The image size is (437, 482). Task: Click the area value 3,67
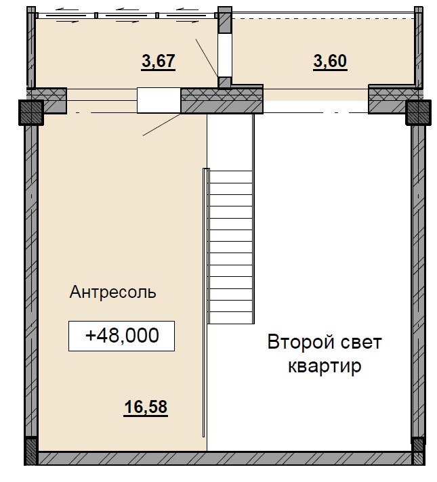tap(159, 62)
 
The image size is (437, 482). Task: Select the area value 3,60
tap(330, 62)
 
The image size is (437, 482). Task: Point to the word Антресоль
tap(113, 292)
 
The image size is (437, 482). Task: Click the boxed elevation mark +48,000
tap(122, 336)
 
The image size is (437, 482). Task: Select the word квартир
tap(325, 367)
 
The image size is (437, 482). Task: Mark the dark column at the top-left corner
tap(30, 112)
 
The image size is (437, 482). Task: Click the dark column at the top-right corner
tap(418, 112)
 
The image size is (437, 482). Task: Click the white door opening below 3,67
tap(159, 100)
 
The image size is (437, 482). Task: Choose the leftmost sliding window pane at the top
tap(66, 15)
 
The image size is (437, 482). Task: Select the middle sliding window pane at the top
tap(127, 15)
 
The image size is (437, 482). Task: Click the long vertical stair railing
tap(205, 305)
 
